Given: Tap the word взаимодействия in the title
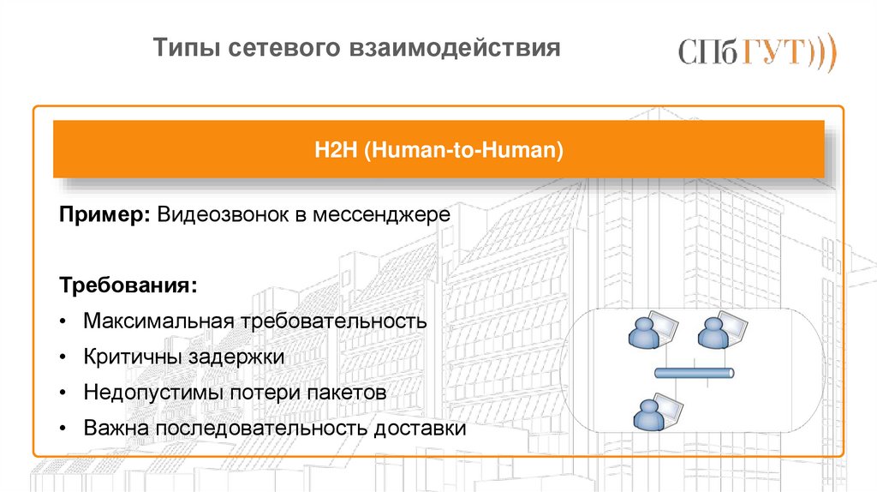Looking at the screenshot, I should (453, 49).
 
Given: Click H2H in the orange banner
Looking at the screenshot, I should (335, 151).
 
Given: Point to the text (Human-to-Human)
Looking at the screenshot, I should (463, 151).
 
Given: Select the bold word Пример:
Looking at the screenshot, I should (105, 213).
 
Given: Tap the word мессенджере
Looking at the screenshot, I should (380, 213).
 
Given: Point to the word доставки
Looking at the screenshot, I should (420, 429).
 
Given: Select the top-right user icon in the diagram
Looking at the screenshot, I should (714, 332).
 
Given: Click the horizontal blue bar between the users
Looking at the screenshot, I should (694, 373).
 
